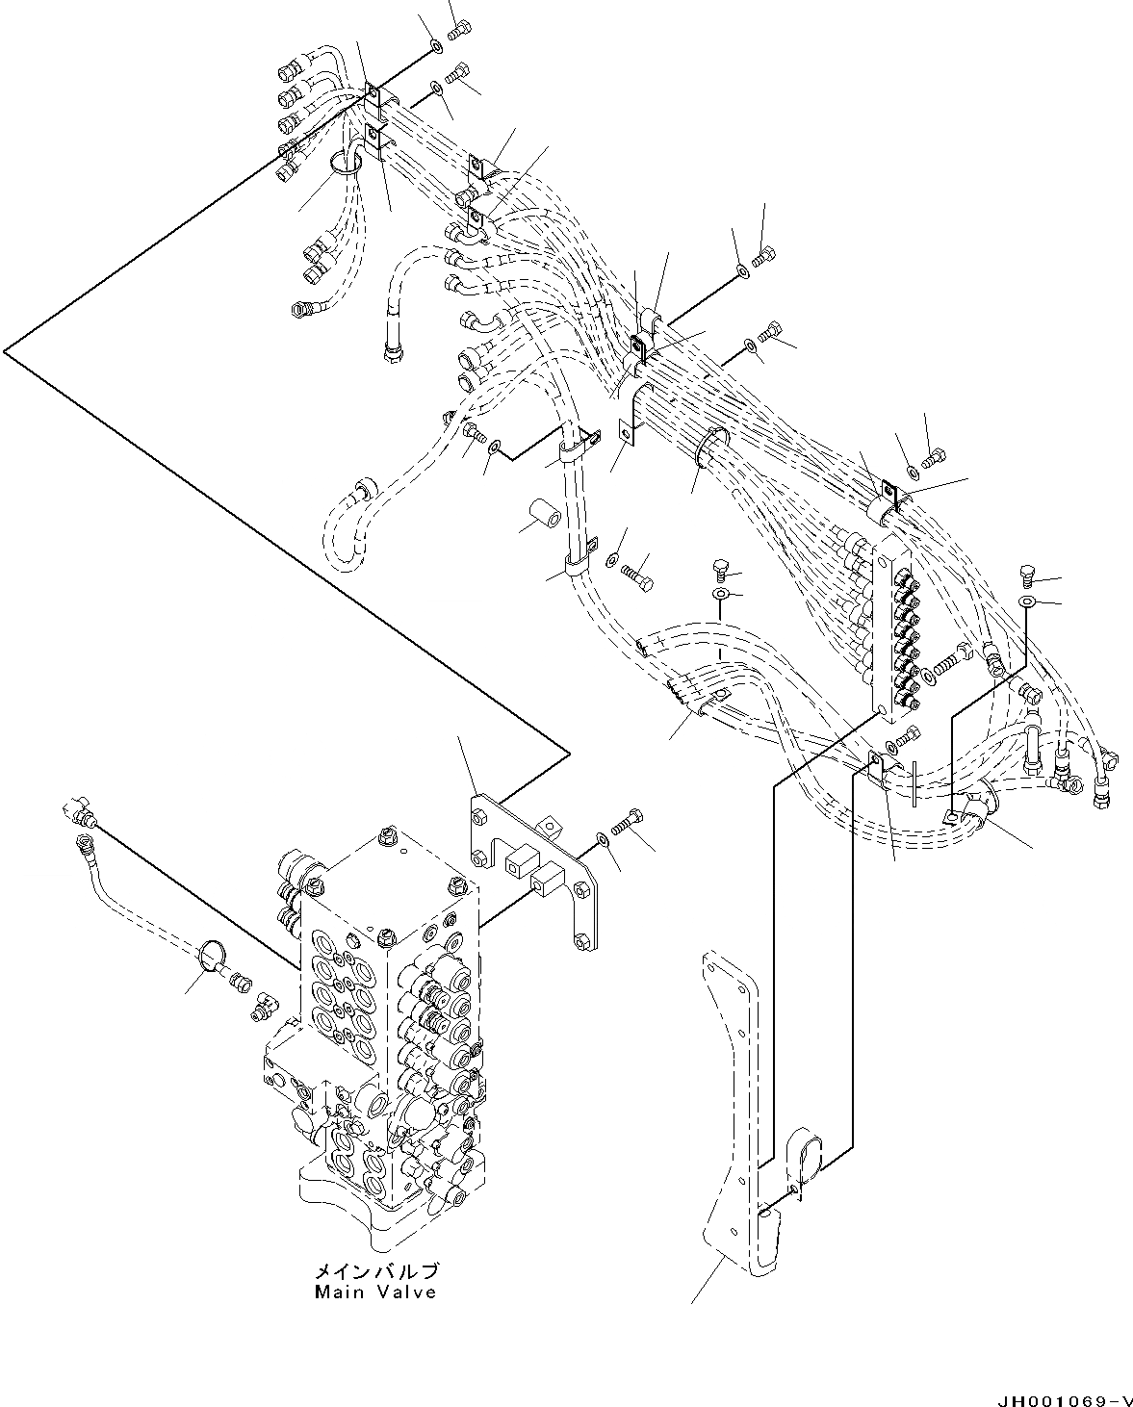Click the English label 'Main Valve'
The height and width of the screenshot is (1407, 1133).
tap(375, 1292)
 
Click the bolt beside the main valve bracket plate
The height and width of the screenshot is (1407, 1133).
tap(630, 824)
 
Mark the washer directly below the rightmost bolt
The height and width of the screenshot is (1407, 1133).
tap(1027, 602)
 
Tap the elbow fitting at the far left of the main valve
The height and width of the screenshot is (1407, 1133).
tap(78, 810)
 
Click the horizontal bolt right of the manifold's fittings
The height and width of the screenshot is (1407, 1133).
tap(948, 660)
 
